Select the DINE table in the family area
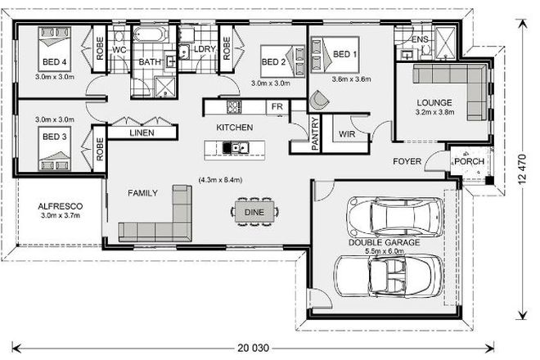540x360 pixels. point(253,212)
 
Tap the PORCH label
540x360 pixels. point(470,160)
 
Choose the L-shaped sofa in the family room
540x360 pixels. point(155,217)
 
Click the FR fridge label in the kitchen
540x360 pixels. point(277,106)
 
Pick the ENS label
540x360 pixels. point(421,38)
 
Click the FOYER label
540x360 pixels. point(406,161)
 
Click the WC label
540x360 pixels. point(118,50)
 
